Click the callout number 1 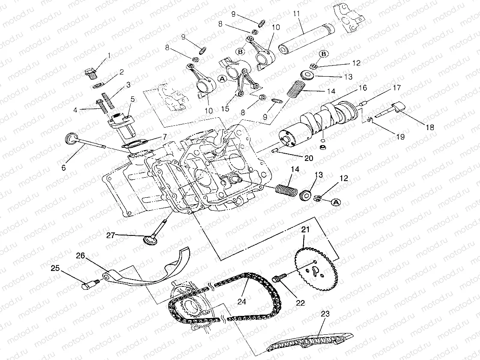point(109,55)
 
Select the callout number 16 point(363,88)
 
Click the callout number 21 point(305,230)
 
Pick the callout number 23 point(325,313)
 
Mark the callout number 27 point(110,235)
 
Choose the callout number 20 point(309,158)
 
